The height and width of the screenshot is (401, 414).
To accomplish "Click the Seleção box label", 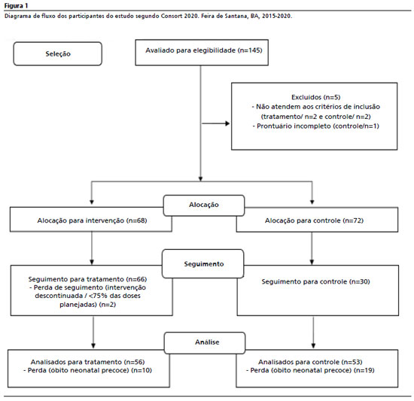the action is tap(58, 54).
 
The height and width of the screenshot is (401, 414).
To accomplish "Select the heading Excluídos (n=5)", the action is tap(316, 97).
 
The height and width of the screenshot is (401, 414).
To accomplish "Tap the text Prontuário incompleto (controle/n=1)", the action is tap(318, 126).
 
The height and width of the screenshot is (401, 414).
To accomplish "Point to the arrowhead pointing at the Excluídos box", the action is tap(227, 123).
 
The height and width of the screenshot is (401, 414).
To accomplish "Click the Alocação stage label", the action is tap(204, 205).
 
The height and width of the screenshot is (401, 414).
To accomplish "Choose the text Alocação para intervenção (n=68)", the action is tap(92, 220).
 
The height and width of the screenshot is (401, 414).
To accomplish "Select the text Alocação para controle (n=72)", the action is tap(314, 220).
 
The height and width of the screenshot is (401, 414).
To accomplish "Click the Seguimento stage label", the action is tap(204, 264).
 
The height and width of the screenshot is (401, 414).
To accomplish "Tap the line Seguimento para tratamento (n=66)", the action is tap(87, 279).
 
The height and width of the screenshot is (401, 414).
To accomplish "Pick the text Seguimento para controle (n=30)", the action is tap(316, 281).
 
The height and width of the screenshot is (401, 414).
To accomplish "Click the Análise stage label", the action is tap(207, 342).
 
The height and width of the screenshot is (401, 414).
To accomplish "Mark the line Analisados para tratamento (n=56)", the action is tap(87, 362).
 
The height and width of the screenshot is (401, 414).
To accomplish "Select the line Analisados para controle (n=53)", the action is tap(310, 362).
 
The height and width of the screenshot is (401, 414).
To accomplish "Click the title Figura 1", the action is tap(16, 5).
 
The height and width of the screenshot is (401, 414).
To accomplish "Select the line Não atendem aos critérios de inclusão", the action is tap(318, 107).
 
